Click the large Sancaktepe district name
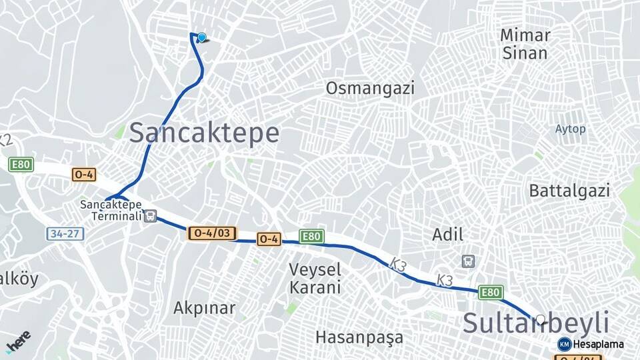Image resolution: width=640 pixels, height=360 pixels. coord(204,133)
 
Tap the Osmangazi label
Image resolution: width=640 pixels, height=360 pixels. coord(370,88)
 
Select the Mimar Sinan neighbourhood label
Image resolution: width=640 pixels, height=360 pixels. coord(525,44)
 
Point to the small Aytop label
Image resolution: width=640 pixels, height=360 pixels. coord(570,129)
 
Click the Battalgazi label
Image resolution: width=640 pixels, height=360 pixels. coord(569,191)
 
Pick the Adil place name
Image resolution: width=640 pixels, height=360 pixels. coord(448,234)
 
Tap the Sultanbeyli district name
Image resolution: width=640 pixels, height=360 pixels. coord(536,323)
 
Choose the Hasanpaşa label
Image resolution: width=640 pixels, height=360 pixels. coord(359,337)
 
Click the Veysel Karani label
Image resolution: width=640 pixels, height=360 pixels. coord(315,279)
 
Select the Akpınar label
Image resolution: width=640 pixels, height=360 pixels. coord(204,308)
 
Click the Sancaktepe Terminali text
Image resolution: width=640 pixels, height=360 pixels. coord(111,210)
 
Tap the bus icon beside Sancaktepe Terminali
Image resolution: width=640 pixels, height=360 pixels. coord(151,216)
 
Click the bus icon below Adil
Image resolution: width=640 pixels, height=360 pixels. coord(469,261)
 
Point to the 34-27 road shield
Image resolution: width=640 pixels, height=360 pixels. coord(65,234)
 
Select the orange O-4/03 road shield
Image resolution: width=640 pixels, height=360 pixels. coord(213,233)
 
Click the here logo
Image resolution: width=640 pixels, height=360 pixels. coord(18,341)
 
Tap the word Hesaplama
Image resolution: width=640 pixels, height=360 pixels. coord(598,344)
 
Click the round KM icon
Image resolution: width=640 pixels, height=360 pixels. coord(564,344)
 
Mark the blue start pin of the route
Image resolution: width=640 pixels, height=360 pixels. coord(201,38)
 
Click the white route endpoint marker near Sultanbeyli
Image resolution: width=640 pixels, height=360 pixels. coord(541,319)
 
